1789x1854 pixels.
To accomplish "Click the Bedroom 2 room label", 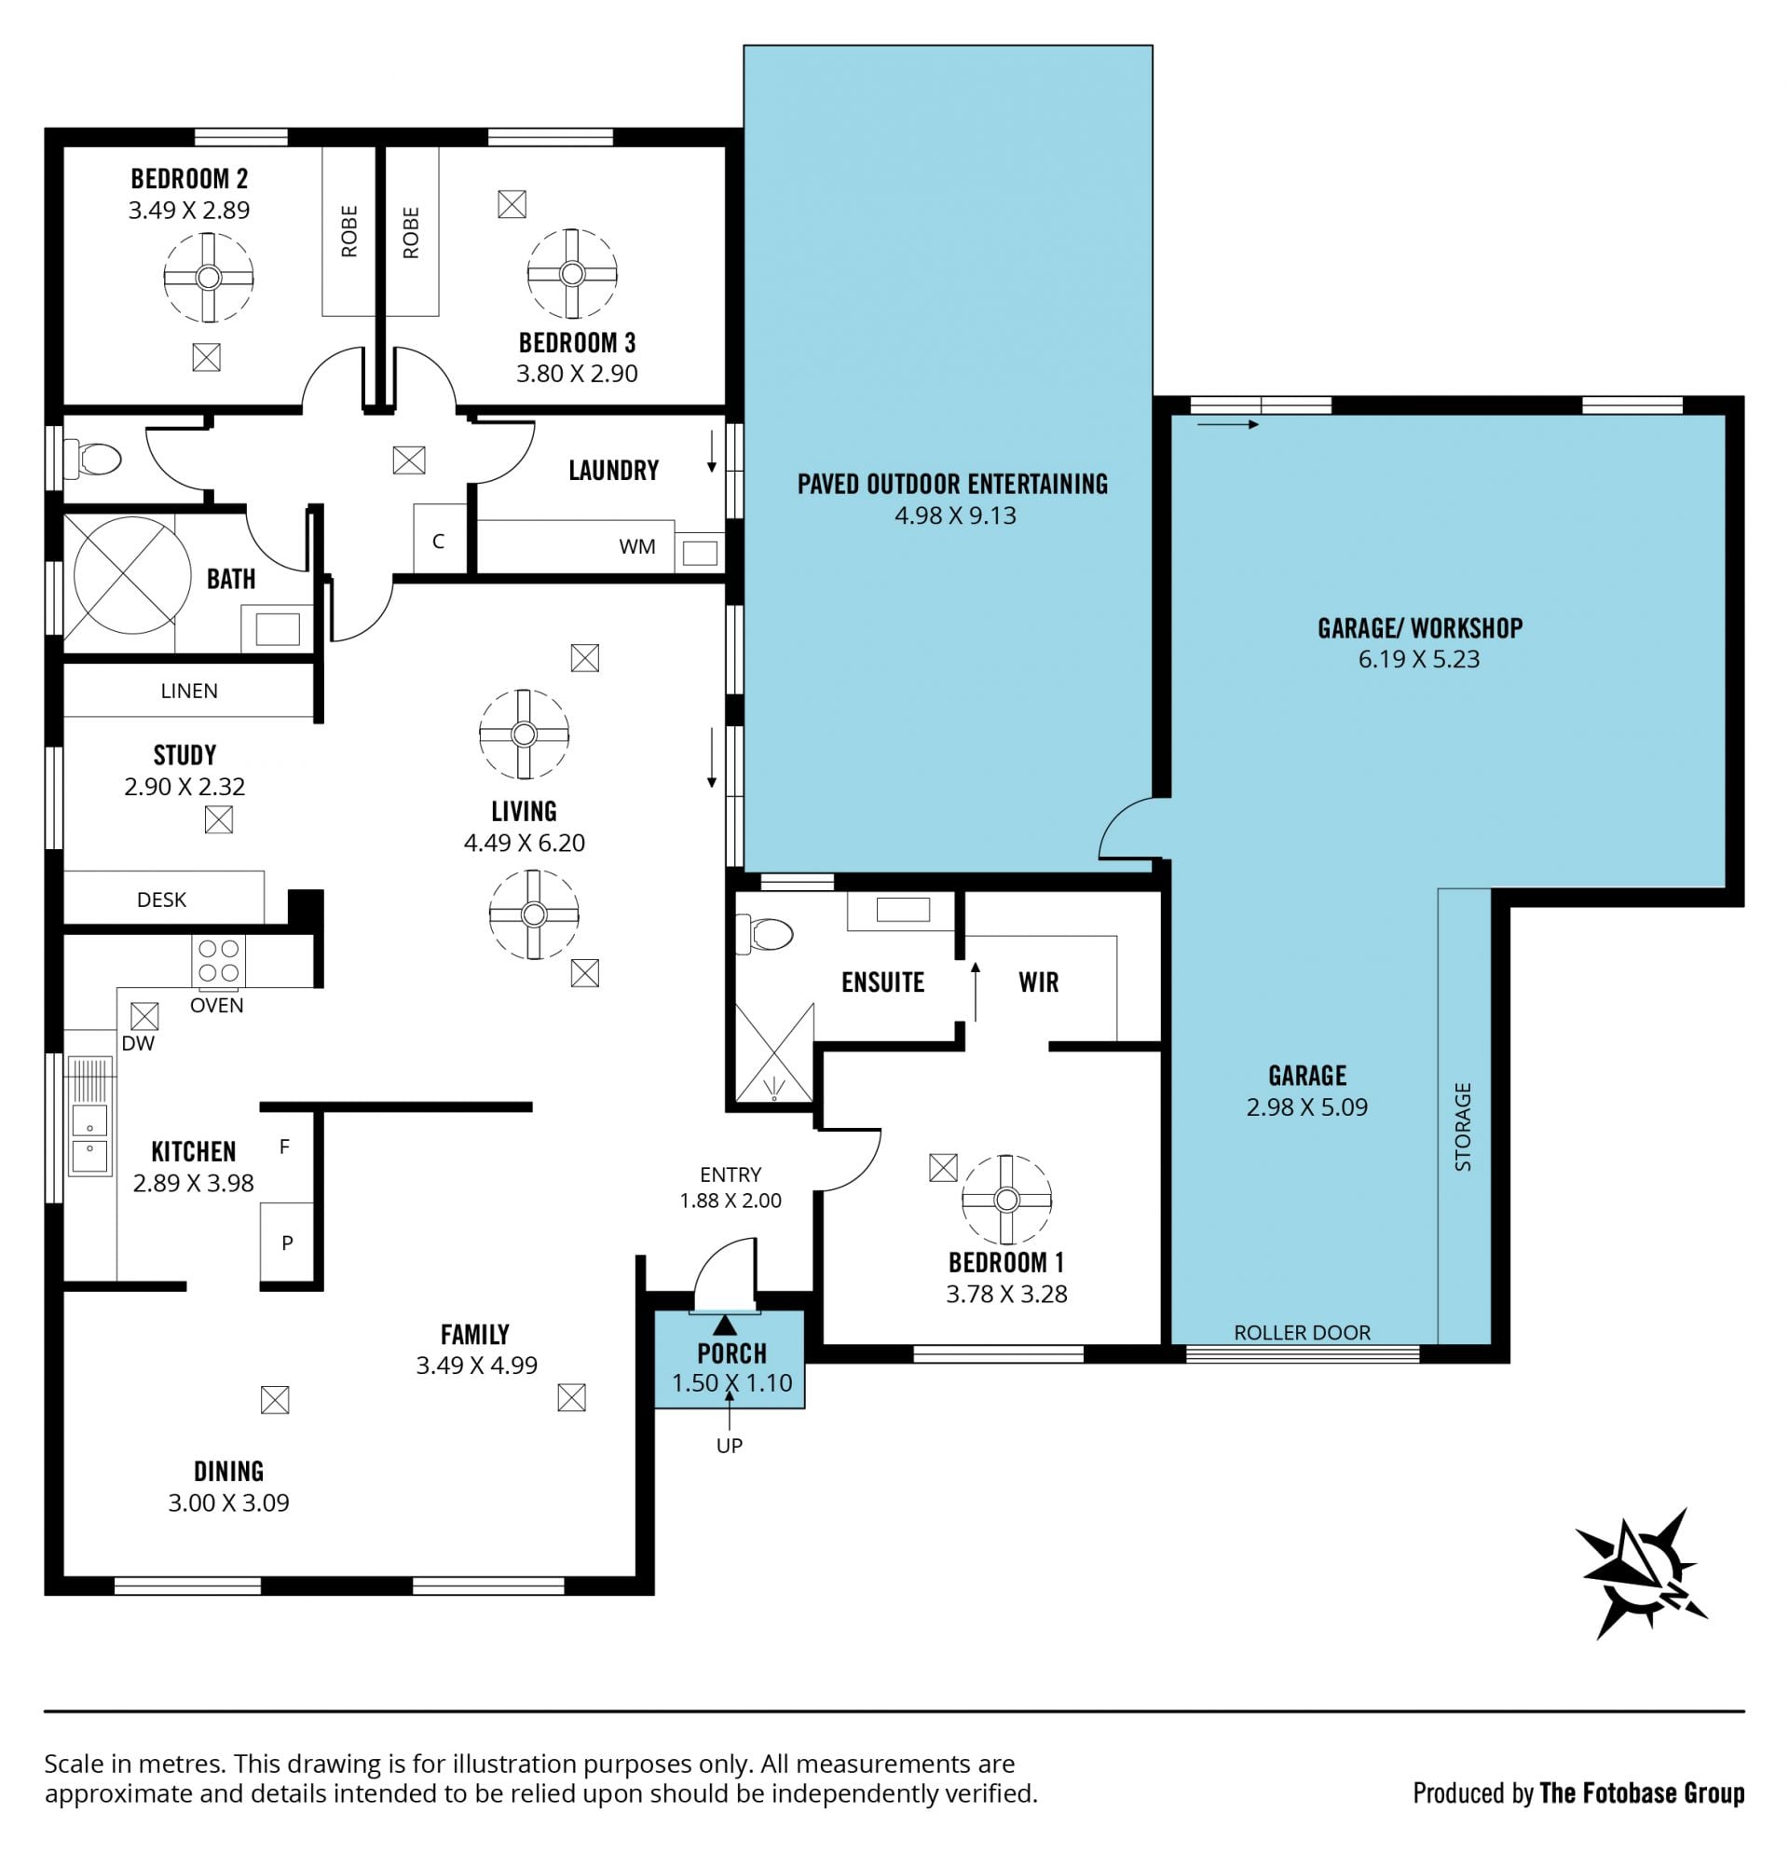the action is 189,179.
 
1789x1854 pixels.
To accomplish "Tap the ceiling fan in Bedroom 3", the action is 572,274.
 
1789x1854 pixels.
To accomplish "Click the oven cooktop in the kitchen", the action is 218,962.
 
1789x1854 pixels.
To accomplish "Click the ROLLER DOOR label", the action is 1302,1333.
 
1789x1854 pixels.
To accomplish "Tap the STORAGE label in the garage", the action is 1463,1127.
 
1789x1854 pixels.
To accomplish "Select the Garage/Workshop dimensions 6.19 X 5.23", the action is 1419,659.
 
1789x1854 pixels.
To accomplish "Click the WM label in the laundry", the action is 637,546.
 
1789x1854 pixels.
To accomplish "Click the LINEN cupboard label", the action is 189,691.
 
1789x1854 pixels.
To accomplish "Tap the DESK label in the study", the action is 162,900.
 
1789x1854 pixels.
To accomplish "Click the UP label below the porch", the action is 729,1446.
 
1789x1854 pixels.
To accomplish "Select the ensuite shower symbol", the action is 774,1052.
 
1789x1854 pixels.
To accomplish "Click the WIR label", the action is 1038,982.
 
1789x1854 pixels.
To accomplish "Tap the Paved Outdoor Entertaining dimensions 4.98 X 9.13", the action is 955,515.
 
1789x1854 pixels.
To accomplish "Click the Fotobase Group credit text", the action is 1642,1793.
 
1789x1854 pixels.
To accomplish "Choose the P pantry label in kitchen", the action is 287,1243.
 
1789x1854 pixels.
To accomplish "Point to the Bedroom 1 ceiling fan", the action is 1007,1200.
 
